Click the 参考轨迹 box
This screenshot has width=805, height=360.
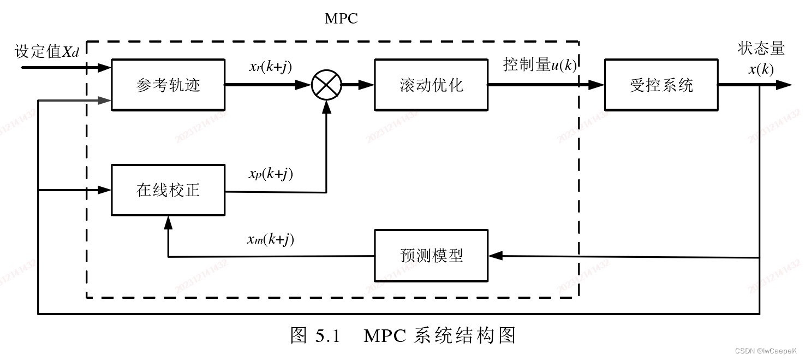point(168,85)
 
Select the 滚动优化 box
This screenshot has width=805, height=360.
point(431,85)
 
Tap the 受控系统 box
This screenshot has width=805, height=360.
point(661,85)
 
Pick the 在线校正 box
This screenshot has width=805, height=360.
point(168,190)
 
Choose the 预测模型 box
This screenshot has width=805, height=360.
point(431,256)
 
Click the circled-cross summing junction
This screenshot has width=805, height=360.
point(326,85)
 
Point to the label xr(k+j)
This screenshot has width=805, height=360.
point(270,67)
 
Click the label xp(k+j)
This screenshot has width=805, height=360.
point(271,174)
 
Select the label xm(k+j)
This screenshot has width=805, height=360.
point(271,239)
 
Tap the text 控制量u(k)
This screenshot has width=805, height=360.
point(539,65)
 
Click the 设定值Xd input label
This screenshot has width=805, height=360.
point(47,52)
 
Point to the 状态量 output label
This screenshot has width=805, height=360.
point(761,49)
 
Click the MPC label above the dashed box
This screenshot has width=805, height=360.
point(341,19)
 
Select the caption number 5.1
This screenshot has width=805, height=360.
point(327,335)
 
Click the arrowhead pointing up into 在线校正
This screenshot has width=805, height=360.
point(168,222)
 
